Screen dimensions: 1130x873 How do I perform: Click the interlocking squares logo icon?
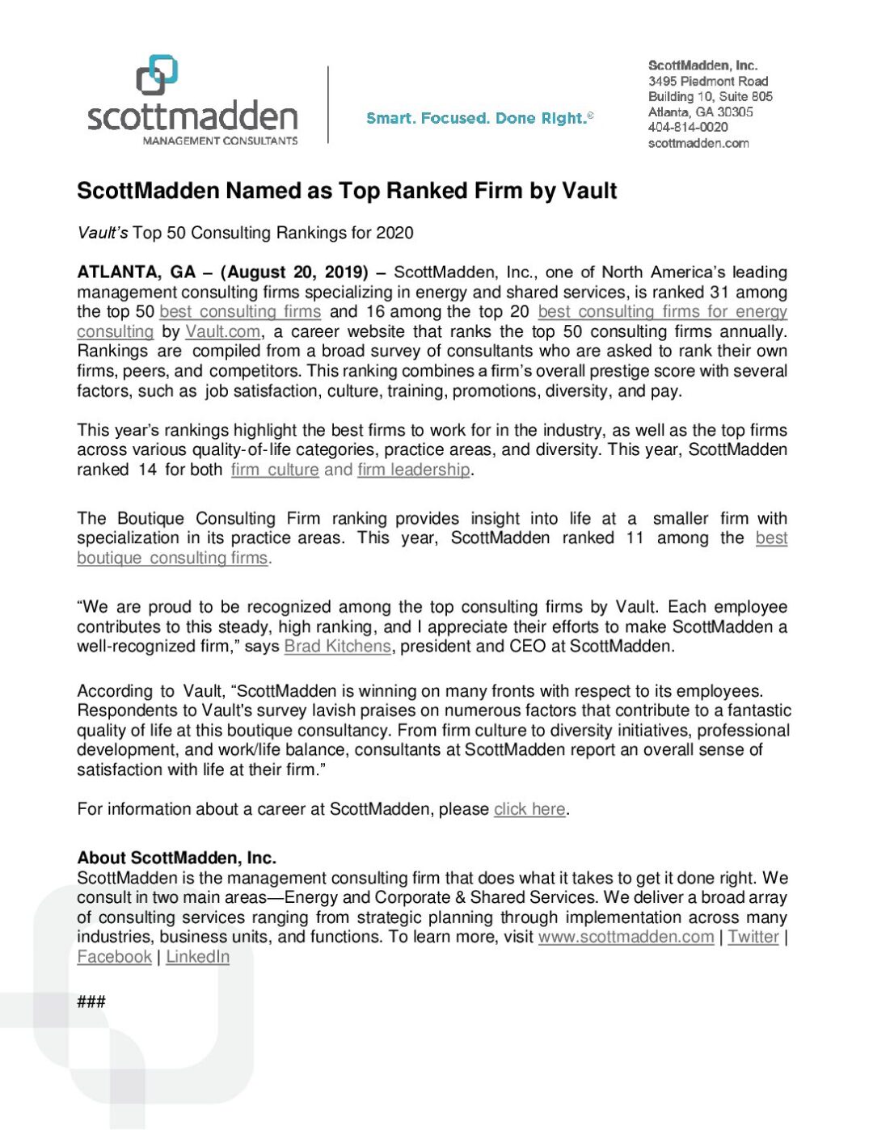point(157,74)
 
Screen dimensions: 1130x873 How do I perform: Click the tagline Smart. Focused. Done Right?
point(479,118)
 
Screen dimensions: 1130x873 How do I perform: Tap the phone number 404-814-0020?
point(687,127)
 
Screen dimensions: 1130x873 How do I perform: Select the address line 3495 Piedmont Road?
point(707,81)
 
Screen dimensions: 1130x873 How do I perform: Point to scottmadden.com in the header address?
point(698,143)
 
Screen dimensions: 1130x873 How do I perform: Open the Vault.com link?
point(222,331)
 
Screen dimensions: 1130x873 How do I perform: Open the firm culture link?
point(275,470)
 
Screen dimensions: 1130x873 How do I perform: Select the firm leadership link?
point(413,470)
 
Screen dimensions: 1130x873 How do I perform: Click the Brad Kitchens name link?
point(337,647)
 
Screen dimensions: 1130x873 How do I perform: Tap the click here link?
point(529,809)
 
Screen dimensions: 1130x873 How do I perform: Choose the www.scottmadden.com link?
point(626,937)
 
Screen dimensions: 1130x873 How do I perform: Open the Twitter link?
point(753,937)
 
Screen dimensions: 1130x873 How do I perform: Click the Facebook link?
point(114,957)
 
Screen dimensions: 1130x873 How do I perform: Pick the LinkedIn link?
point(197,957)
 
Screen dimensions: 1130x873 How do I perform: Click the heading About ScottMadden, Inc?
point(176,858)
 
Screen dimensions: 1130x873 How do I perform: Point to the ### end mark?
point(91,1002)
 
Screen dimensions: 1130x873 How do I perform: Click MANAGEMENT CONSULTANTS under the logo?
point(220,141)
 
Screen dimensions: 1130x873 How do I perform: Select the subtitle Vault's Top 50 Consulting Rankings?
point(244,233)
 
